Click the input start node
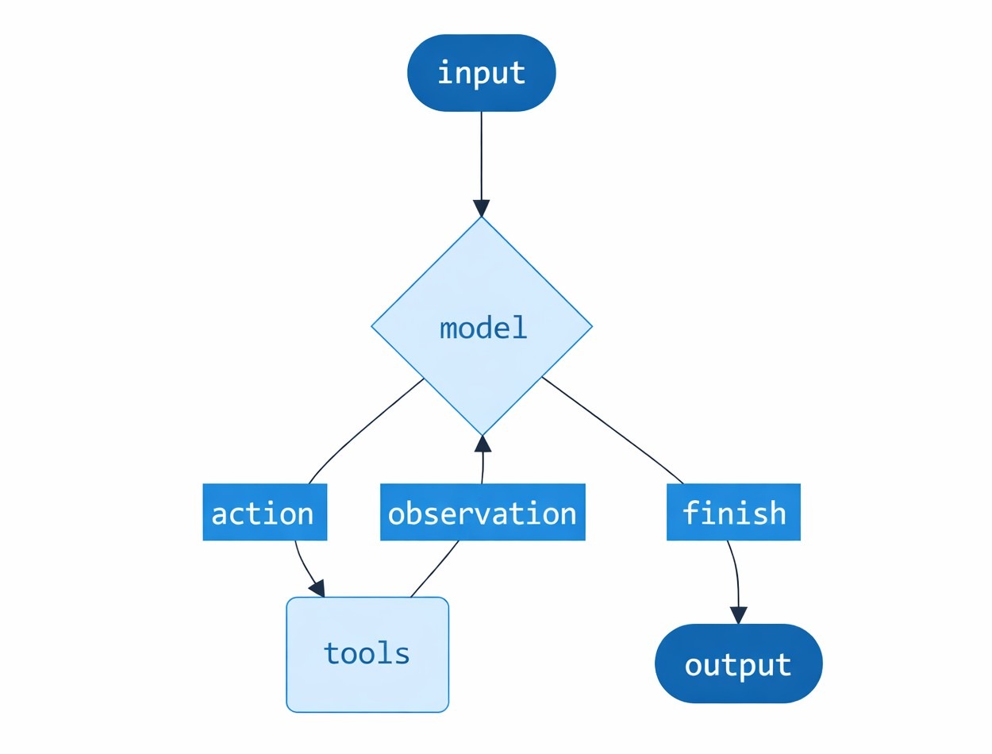click(x=481, y=73)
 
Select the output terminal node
click(x=738, y=664)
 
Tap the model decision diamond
click(x=482, y=326)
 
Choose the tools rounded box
click(x=367, y=654)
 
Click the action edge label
click(x=264, y=513)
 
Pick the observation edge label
click(x=483, y=513)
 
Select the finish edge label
click(x=733, y=513)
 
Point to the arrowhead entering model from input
click(x=481, y=208)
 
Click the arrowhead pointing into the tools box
click(x=317, y=588)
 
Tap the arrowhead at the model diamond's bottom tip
click(x=482, y=444)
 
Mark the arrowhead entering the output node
click(x=739, y=615)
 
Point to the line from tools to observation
click(x=435, y=568)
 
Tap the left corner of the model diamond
click(x=373, y=326)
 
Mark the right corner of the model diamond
click(x=591, y=326)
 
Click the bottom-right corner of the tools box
click(x=447, y=710)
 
